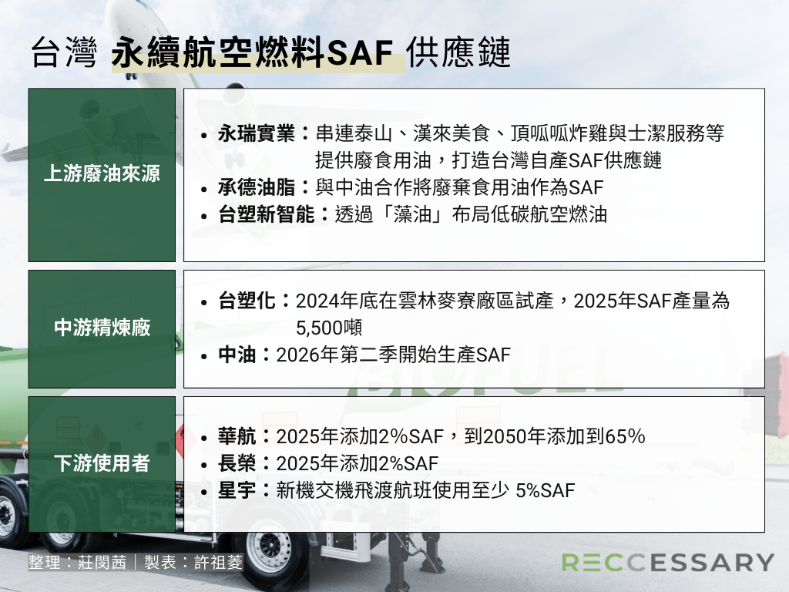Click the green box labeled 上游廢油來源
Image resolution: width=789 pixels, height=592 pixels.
pos(102,175)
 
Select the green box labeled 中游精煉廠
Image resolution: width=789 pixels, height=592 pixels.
pos(102,328)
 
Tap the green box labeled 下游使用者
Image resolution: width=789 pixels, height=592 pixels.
pos(102,464)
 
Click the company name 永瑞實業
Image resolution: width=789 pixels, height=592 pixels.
pos(256,133)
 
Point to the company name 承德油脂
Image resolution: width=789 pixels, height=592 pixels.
pos(256,187)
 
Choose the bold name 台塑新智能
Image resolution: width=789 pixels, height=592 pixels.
pos(266,214)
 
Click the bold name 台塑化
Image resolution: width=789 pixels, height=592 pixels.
pos(247,301)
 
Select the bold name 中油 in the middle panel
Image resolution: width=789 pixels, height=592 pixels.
pos(237,355)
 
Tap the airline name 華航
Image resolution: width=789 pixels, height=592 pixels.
pos(237,436)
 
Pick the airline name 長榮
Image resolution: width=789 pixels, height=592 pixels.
pos(237,463)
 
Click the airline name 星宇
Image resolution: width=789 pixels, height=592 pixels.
pos(237,490)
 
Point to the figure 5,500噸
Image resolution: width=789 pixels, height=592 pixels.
pos(329,328)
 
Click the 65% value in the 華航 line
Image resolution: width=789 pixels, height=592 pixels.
pos(625,436)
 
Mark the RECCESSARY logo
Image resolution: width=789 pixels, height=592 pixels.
pos(667,562)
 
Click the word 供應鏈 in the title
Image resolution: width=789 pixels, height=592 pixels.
pos(459,52)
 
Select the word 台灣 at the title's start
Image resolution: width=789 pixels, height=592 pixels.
pos(64,52)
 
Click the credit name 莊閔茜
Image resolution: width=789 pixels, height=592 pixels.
pos(102,562)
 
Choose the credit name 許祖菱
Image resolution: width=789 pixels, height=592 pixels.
pos(218,562)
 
